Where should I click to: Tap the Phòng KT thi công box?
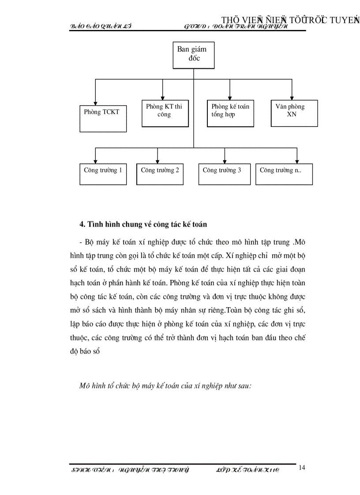(164, 113)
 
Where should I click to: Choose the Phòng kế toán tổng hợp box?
(230, 113)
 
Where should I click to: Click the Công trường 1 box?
(103, 174)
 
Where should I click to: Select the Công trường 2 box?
(160, 174)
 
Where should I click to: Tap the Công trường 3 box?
(224, 174)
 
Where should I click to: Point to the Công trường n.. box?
(284, 174)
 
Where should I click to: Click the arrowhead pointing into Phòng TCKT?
(95, 102)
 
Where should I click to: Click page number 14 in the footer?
(302, 468)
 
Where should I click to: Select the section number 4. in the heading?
(82, 224)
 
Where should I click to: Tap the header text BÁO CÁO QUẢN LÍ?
(101, 26)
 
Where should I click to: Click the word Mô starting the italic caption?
(84, 385)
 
